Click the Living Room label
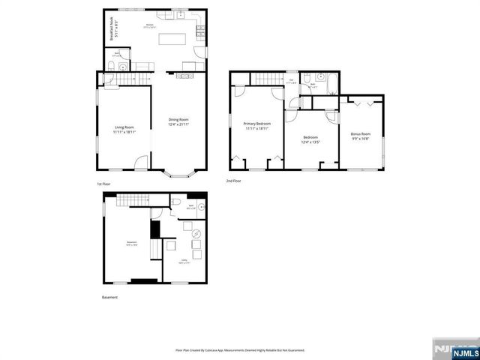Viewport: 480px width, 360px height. click(124, 129)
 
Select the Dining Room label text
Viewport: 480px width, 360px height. click(178, 121)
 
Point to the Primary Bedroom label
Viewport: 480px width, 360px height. click(256, 125)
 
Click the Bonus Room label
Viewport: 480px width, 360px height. click(361, 136)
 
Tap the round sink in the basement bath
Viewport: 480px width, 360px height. click(201, 205)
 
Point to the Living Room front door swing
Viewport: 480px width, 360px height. click(139, 163)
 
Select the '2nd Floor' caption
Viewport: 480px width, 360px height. click(234, 181)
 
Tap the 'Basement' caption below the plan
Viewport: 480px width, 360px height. click(109, 298)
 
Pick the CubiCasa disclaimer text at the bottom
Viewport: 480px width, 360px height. click(240, 349)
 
